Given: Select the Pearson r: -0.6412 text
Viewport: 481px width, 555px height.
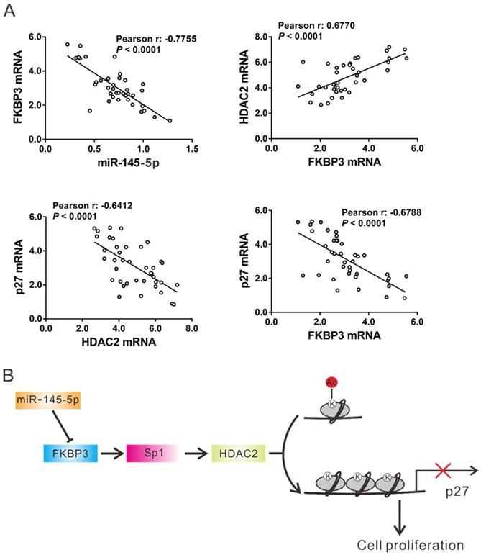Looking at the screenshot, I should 86,205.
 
